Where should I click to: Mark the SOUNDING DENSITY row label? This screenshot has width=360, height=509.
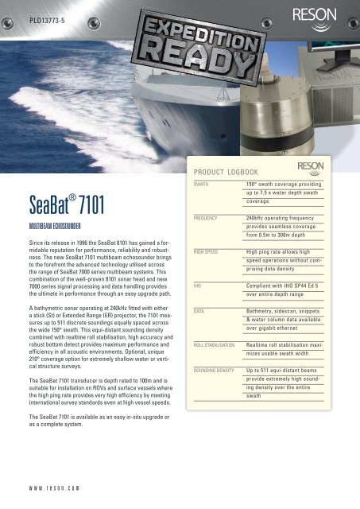coord(219,370)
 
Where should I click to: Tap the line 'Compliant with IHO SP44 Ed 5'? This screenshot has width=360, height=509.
coord(285,284)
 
